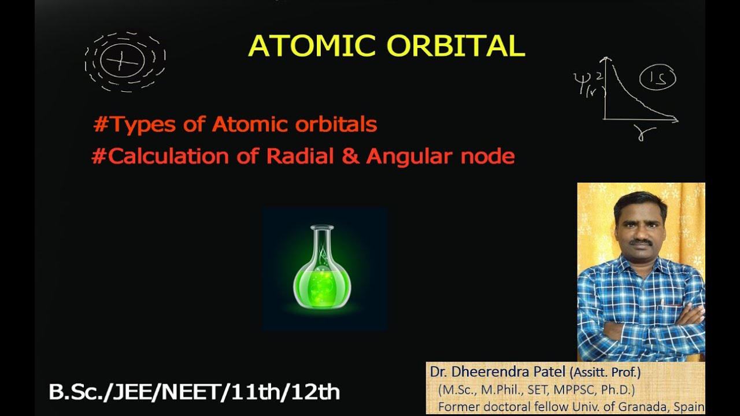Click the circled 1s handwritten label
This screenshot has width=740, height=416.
pos(657,78)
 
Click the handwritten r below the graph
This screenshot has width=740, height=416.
pos(646,133)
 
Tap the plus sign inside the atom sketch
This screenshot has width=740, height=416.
pos(121,61)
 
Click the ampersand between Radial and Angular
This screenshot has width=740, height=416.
pos(350,157)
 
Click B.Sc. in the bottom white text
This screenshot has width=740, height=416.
pos(72,392)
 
